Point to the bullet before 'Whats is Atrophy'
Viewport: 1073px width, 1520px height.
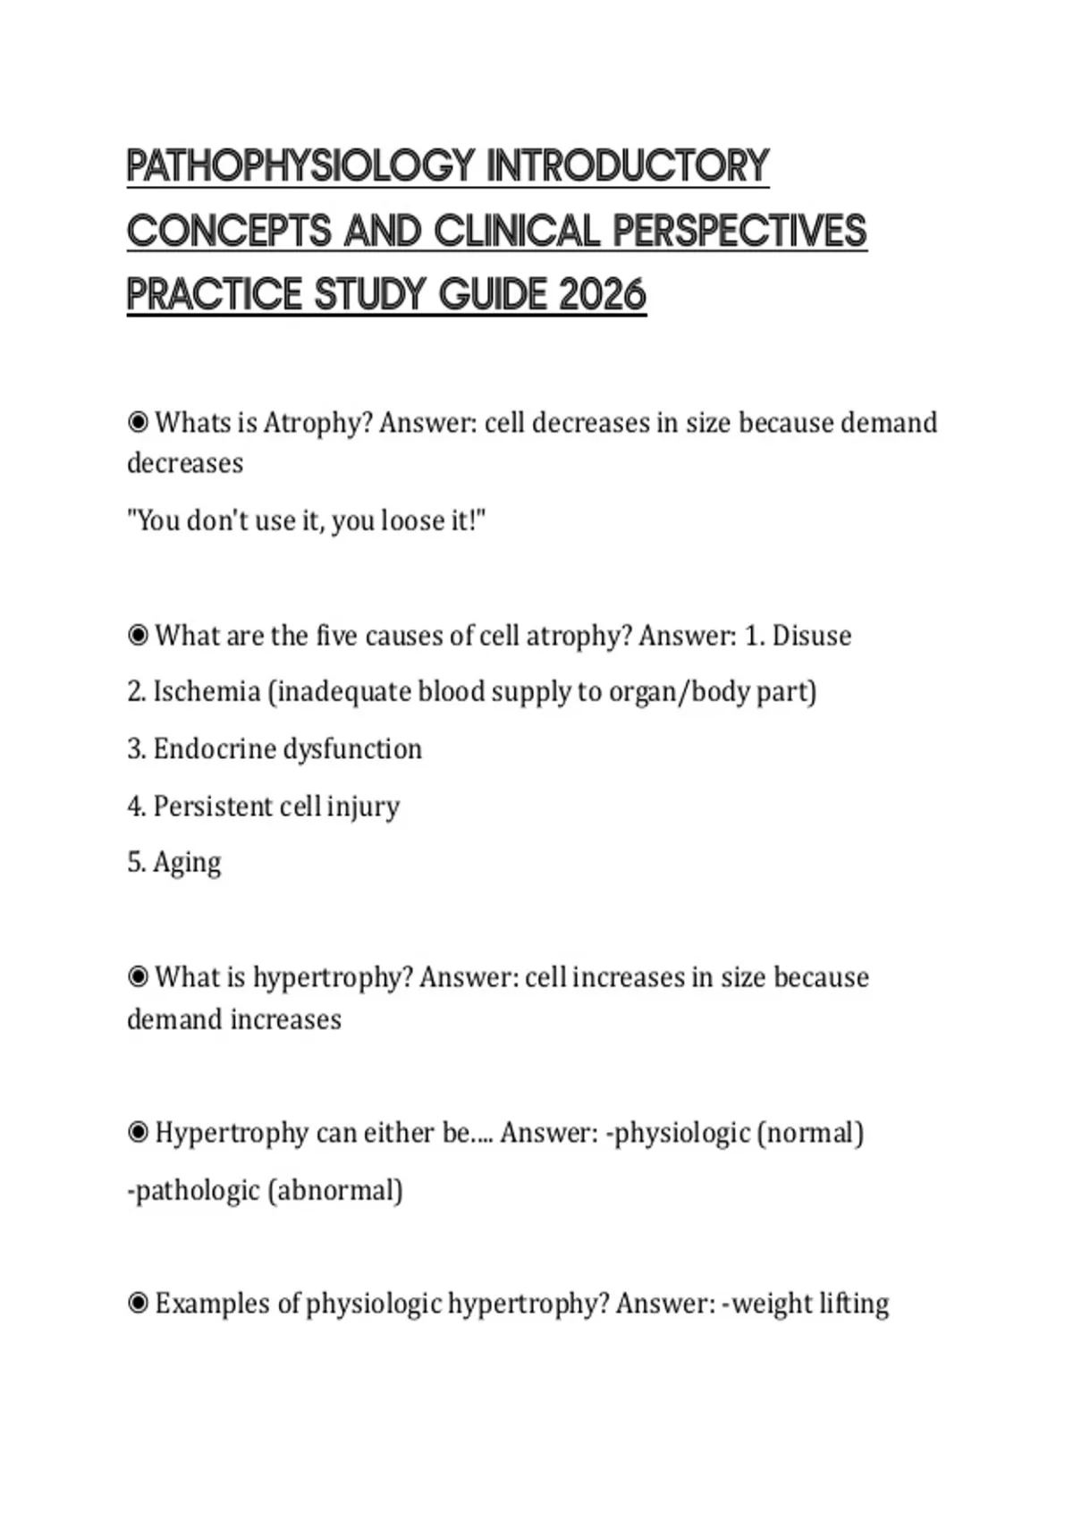click(x=138, y=422)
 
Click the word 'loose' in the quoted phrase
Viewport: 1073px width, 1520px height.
click(x=408, y=520)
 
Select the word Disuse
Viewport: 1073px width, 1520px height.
click(x=811, y=636)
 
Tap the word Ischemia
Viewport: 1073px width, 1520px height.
click(x=207, y=692)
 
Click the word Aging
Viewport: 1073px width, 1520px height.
click(x=187, y=863)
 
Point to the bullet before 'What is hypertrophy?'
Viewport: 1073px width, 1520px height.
click(x=138, y=977)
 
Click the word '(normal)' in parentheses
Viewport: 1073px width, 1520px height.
click(x=810, y=1133)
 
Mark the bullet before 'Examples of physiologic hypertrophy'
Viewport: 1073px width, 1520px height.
click(x=138, y=1304)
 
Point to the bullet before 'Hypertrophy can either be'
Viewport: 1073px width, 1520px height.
click(x=138, y=1133)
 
